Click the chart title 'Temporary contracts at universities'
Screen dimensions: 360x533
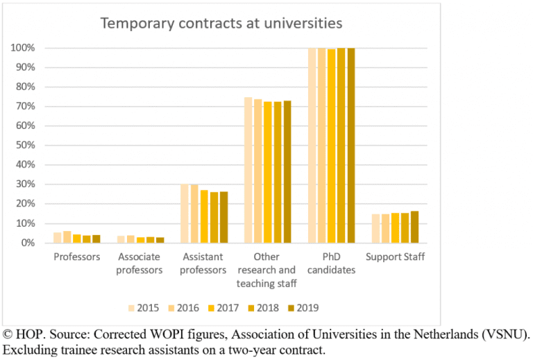tap(221, 23)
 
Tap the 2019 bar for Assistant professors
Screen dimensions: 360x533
tap(223, 217)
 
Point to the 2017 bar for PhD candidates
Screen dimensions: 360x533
tap(332, 146)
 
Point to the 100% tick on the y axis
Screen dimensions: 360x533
tap(24, 49)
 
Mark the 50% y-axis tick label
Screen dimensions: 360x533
tap(26, 146)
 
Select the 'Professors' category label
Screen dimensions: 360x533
tap(77, 257)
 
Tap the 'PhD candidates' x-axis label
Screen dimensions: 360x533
tap(331, 264)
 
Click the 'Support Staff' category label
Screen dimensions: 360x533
tap(396, 257)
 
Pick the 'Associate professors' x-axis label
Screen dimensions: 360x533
tap(140, 264)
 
